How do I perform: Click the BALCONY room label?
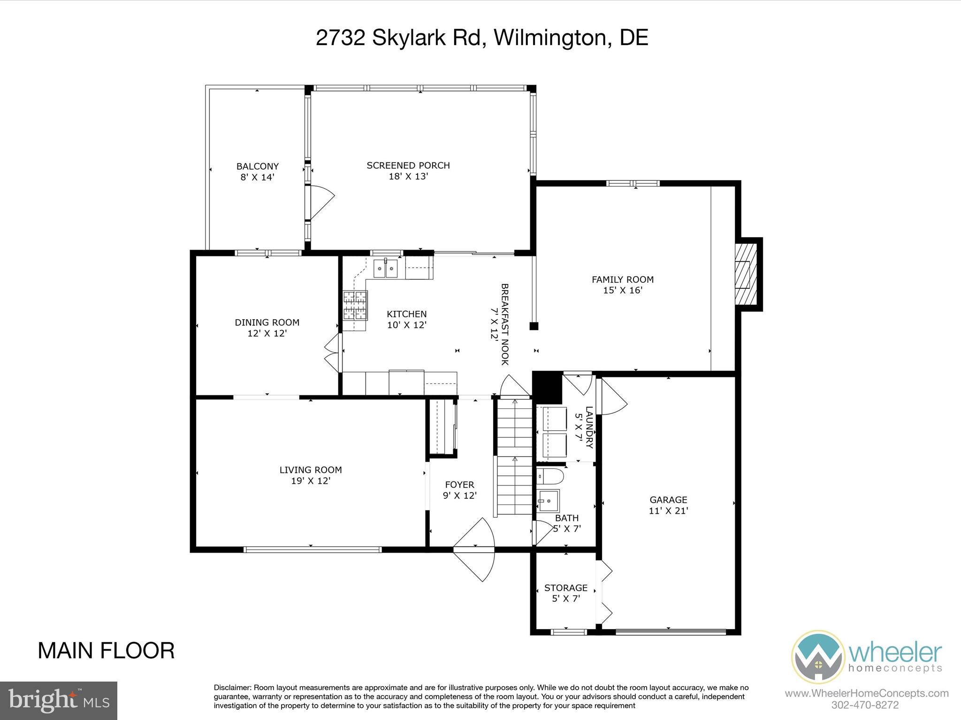point(257,166)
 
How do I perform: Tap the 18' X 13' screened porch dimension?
point(408,177)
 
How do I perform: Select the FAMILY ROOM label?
point(622,280)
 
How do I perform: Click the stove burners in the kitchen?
point(355,305)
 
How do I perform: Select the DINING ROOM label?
point(267,322)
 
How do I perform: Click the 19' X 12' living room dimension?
point(311,481)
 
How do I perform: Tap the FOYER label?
point(459,485)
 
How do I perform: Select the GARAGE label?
point(668,500)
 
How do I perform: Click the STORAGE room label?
point(565,588)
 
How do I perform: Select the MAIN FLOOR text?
point(106,651)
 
